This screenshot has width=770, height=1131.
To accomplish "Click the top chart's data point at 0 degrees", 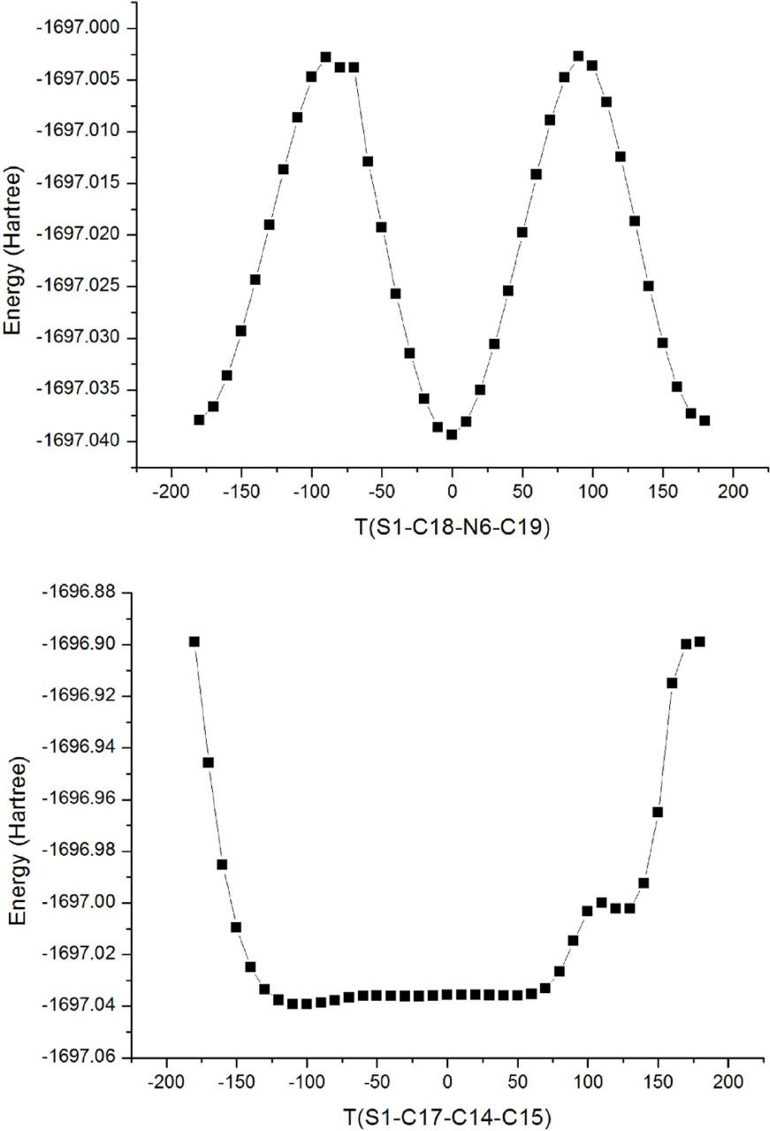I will [452, 434].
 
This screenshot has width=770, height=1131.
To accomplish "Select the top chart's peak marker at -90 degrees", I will [325, 57].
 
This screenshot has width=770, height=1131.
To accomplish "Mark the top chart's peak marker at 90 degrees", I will [578, 56].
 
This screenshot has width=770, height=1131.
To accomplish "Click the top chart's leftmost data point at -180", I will [199, 420].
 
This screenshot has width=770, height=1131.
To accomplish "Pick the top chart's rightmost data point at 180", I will [705, 420].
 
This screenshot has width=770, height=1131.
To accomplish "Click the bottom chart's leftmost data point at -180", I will [194, 641].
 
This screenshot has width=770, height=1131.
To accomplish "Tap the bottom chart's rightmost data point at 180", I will [699, 641].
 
